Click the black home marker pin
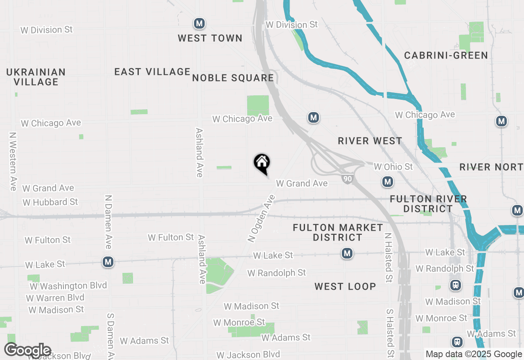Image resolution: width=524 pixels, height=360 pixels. [262, 163]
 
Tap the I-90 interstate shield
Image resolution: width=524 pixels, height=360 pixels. [347, 179]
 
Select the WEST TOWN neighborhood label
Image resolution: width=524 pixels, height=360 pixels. [210, 38]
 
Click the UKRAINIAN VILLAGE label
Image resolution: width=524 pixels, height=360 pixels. [36, 77]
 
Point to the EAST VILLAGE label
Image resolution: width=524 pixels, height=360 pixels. [152, 72]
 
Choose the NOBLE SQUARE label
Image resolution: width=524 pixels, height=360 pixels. [233, 78]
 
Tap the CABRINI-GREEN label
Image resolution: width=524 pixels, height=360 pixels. [446, 55]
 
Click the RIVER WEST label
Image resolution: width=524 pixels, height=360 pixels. [370, 141]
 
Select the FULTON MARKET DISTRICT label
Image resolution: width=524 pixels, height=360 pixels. [338, 232]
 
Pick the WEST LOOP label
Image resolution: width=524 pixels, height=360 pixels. [345, 286]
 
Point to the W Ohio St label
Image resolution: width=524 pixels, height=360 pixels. [393, 166]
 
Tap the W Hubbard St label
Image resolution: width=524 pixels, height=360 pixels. [50, 202]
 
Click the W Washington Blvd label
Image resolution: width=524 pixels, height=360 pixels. [68, 286]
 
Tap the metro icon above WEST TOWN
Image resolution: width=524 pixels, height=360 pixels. [199, 23]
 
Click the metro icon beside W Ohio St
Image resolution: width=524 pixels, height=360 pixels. [388, 182]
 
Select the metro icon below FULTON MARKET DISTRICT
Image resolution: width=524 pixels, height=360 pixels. [347, 254]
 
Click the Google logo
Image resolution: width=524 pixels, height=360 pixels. [28, 350]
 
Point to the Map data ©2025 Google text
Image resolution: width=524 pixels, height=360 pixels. [474, 354]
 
